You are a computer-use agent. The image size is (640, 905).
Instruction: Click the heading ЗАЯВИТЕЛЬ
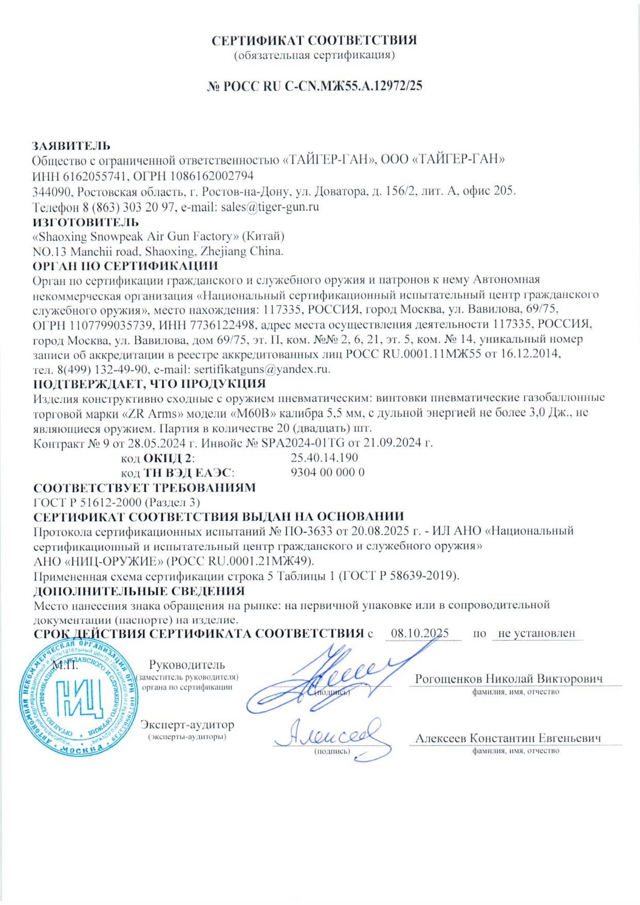pos(71,146)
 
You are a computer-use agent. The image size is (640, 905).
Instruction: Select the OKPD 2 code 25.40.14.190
pos(324,458)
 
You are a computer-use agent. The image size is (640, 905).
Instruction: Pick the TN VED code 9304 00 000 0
pos(327,472)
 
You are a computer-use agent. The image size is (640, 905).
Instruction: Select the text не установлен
pos(537,633)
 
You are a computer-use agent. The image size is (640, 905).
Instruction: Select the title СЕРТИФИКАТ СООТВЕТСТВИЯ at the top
pos(314,41)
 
